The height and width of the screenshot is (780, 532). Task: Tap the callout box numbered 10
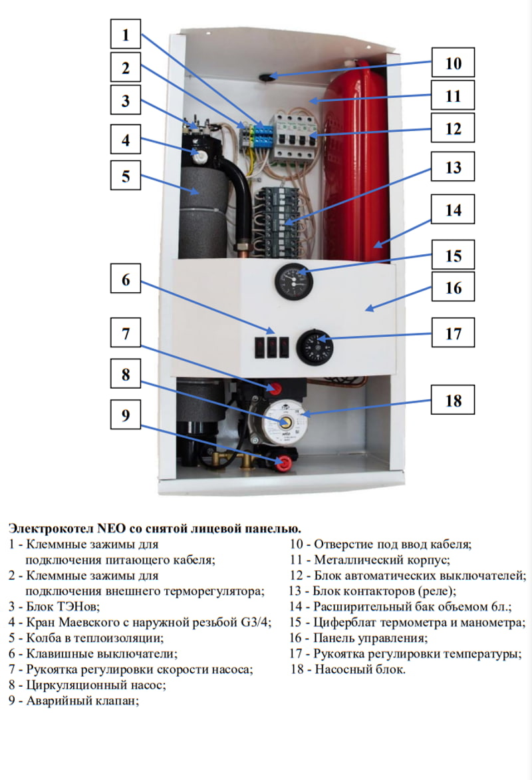(452, 64)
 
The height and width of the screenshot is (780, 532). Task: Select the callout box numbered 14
(452, 210)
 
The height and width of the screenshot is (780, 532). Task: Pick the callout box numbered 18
(452, 401)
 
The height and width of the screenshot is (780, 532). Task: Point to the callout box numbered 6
(126, 280)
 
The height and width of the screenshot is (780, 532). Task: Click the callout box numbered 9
(126, 416)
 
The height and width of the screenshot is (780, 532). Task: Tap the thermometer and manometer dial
(294, 280)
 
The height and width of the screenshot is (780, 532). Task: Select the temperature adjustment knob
(315, 347)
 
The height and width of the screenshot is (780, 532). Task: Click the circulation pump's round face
(285, 423)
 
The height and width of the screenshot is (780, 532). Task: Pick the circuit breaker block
(294, 136)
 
